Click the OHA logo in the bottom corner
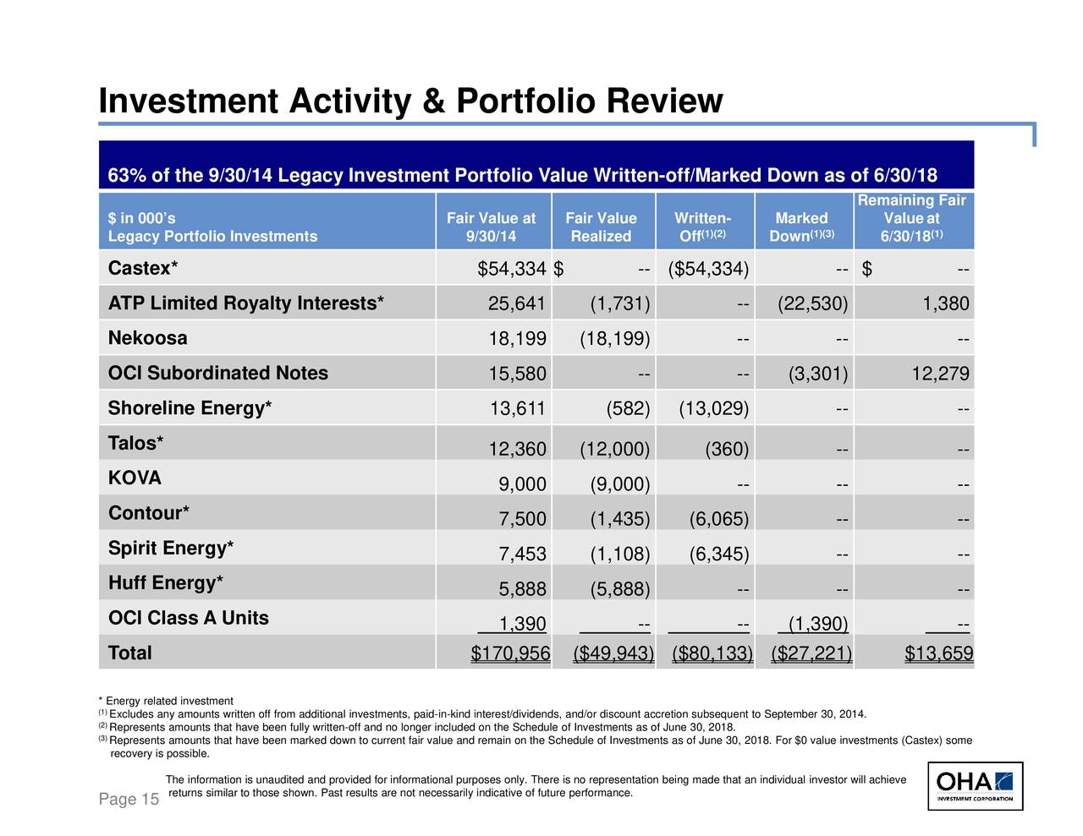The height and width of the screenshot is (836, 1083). tap(975, 786)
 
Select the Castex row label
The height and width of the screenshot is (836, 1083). tap(142, 268)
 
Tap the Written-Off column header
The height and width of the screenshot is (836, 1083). tap(703, 227)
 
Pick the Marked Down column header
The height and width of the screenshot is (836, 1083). tap(801, 227)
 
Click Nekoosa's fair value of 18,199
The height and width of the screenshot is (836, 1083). tap(517, 339)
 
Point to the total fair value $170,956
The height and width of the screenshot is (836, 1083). tap(510, 653)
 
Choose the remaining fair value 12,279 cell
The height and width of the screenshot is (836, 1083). tap(941, 374)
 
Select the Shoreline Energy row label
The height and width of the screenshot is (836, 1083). tap(190, 408)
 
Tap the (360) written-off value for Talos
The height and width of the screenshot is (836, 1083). tap(727, 449)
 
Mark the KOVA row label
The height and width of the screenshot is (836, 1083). tap(135, 478)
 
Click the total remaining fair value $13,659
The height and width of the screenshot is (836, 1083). tap(939, 653)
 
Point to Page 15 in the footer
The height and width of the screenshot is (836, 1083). tap(129, 799)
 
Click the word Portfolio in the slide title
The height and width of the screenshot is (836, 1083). tap(525, 101)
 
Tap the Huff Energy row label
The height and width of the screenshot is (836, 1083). tap(166, 583)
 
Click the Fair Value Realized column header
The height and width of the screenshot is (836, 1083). tap(601, 227)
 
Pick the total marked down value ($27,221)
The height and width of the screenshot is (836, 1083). tap(811, 653)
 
